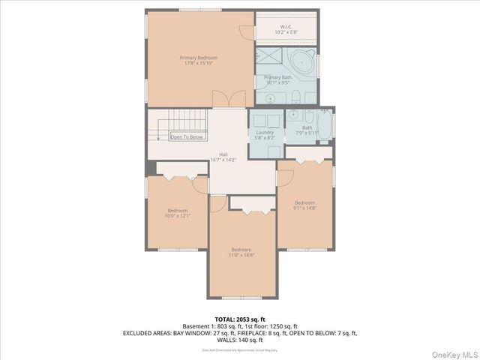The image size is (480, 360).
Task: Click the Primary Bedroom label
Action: point(198,61)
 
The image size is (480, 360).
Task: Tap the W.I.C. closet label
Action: point(286,30)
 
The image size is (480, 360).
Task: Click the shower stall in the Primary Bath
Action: point(267,58)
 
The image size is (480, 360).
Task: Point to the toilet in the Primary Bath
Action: point(295,96)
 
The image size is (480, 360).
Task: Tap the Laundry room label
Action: point(265,135)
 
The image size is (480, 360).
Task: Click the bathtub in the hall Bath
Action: point(324,124)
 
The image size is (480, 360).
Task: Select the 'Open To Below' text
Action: point(187,137)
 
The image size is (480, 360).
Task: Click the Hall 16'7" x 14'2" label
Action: point(223,157)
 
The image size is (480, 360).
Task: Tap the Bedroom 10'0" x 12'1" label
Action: point(178,213)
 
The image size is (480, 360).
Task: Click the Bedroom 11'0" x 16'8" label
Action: point(241,252)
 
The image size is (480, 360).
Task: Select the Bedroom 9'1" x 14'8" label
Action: point(304,205)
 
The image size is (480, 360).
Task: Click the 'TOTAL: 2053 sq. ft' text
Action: point(240,319)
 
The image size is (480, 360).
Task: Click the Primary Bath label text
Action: point(277,79)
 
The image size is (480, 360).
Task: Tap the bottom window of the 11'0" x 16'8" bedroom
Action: point(241,298)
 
